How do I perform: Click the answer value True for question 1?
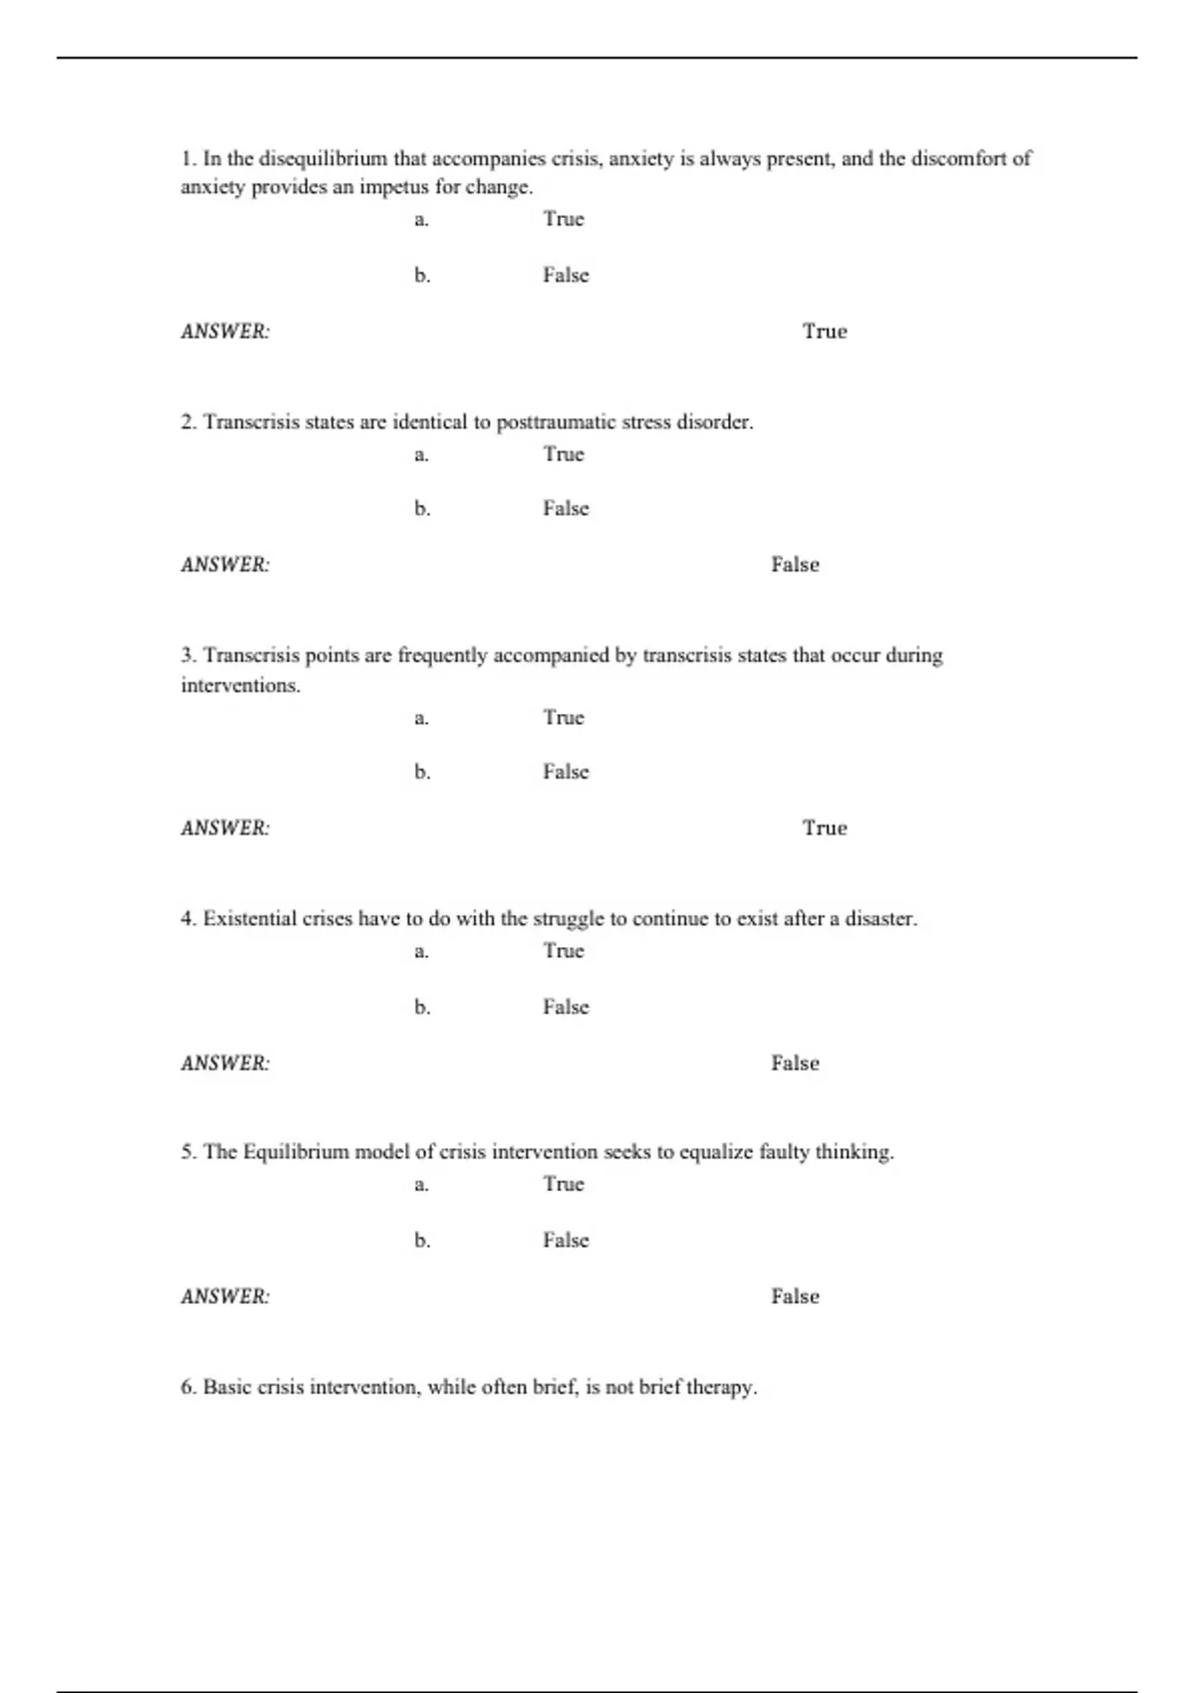[x=825, y=332]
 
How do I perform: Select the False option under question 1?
[x=566, y=275]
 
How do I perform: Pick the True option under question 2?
[x=564, y=454]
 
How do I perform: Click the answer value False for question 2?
[x=795, y=565]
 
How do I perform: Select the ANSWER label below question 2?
[x=225, y=565]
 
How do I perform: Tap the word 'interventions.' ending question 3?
[x=240, y=685]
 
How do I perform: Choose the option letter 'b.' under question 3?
[x=422, y=772]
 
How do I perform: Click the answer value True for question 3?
[x=825, y=828]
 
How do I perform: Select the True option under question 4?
[x=564, y=951]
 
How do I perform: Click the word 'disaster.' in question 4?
[x=881, y=918]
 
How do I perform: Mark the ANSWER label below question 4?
[x=225, y=1063]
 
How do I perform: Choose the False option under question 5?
[x=566, y=1240]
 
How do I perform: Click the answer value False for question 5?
[x=795, y=1297]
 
